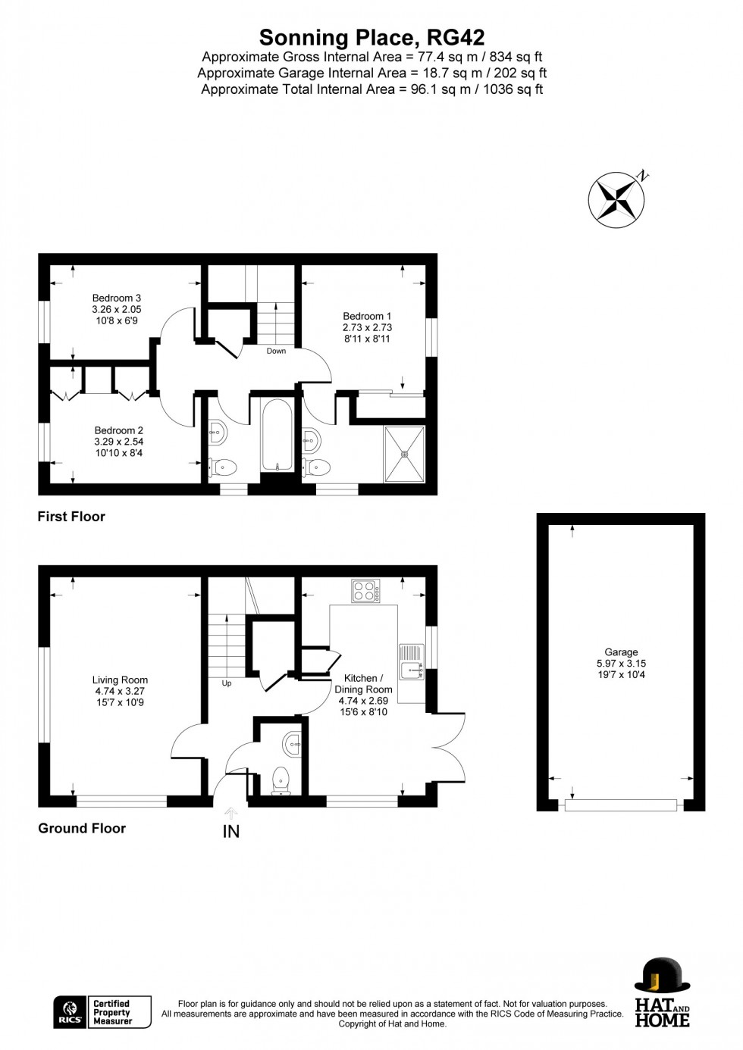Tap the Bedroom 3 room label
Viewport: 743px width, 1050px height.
pos(116,298)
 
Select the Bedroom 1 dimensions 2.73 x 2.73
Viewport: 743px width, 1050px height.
pos(367,327)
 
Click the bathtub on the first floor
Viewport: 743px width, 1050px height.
pos(277,435)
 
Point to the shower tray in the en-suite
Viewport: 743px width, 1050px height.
pos(404,453)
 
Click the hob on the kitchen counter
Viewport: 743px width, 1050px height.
pos(366,591)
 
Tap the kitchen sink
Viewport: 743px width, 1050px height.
pos(412,661)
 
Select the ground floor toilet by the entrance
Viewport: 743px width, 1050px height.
pos(281,781)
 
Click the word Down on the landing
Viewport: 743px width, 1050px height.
pos(276,351)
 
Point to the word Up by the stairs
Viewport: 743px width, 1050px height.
pos(227,683)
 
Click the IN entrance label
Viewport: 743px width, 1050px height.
pos(230,832)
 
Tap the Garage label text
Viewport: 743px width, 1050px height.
pos(621,652)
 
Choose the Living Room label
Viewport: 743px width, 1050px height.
pos(120,680)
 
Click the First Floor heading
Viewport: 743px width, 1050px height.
pos(71,517)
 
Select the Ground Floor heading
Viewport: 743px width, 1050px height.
pos(82,828)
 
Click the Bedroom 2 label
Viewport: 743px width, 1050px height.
pos(119,430)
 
